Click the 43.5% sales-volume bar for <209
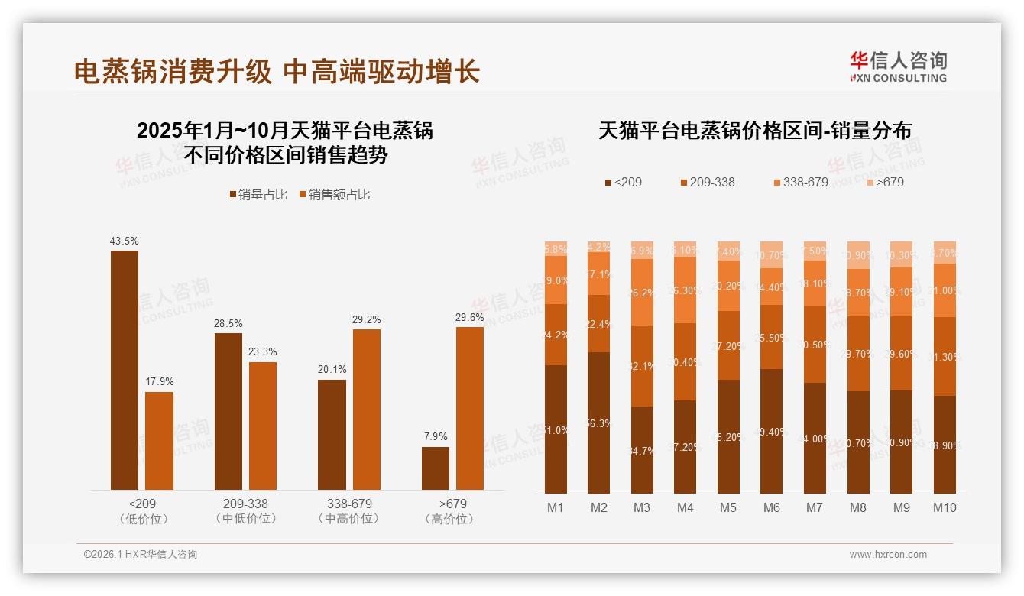[x=125, y=370]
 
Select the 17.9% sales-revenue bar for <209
[x=159, y=441]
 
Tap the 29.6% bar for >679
[x=470, y=408]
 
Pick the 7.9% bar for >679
[x=436, y=468]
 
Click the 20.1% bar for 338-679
[x=332, y=435]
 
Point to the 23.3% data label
[x=263, y=352]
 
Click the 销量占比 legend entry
[x=258, y=195]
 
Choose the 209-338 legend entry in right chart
[x=707, y=183]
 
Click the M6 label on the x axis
[x=772, y=507]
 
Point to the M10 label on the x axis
[x=945, y=507]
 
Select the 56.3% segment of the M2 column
[x=599, y=423]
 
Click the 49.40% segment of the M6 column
[x=772, y=431]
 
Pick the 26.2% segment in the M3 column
[x=642, y=292]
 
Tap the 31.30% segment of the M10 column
[x=945, y=356]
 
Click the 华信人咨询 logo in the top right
[x=898, y=66]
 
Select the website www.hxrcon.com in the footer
[x=888, y=555]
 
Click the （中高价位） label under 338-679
[x=348, y=519]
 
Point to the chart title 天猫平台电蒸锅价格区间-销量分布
[x=754, y=131]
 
